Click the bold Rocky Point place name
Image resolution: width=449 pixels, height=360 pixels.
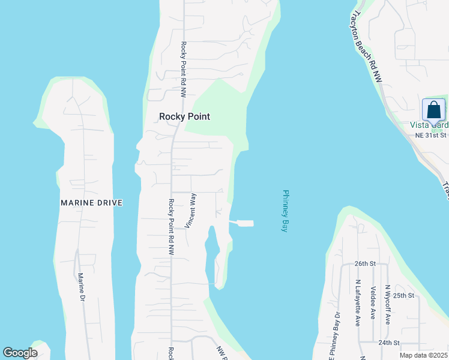pyautogui.click(x=184, y=116)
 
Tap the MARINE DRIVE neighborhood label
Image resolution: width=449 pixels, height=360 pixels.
pyautogui.click(x=92, y=203)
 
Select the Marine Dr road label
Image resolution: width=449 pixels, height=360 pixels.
pyautogui.click(x=81, y=287)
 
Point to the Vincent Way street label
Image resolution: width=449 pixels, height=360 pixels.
pyautogui.click(x=190, y=211)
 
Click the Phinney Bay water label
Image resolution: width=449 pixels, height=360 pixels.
pyautogui.click(x=286, y=211)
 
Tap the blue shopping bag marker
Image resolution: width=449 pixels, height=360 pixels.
pyautogui.click(x=433, y=111)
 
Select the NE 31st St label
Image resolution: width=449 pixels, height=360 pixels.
pyautogui.click(x=431, y=136)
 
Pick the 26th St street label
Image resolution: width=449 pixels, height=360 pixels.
pyautogui.click(x=364, y=263)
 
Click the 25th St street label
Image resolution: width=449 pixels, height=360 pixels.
pyautogui.click(x=404, y=295)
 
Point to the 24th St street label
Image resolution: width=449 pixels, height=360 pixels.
pyautogui.click(x=389, y=343)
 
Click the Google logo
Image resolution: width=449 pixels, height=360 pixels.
pyautogui.click(x=20, y=353)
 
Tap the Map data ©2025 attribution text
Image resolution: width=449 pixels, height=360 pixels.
pyautogui.click(x=423, y=355)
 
